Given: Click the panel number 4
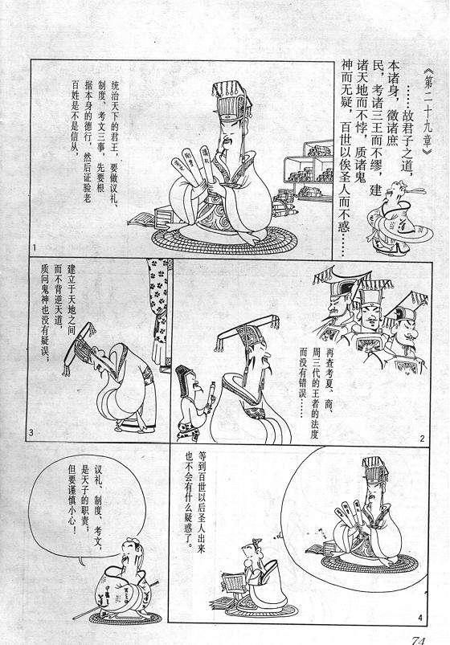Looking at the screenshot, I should click(x=421, y=616).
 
